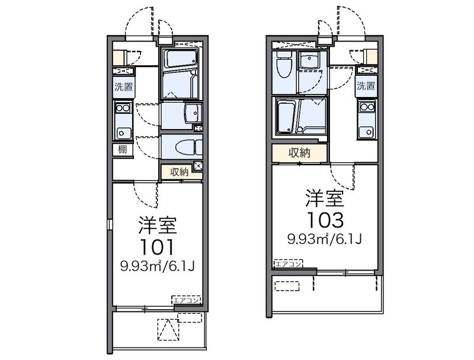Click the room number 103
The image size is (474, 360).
pos(325,220)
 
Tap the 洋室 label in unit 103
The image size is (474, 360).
pos(325,197)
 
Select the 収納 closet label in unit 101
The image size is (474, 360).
pos(180,172)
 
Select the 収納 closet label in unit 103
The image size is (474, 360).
pos(299,153)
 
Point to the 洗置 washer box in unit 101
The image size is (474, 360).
pos(123,86)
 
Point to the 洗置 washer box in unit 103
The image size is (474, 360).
pos(366,86)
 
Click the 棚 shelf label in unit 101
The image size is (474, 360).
pos(122,149)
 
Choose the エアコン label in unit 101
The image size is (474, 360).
pos(187,300)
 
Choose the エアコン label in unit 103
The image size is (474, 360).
pos(289,263)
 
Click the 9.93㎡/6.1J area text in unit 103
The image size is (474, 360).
pos(325,239)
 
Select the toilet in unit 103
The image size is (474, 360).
pos(284,68)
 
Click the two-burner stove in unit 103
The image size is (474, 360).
pos(366,107)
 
